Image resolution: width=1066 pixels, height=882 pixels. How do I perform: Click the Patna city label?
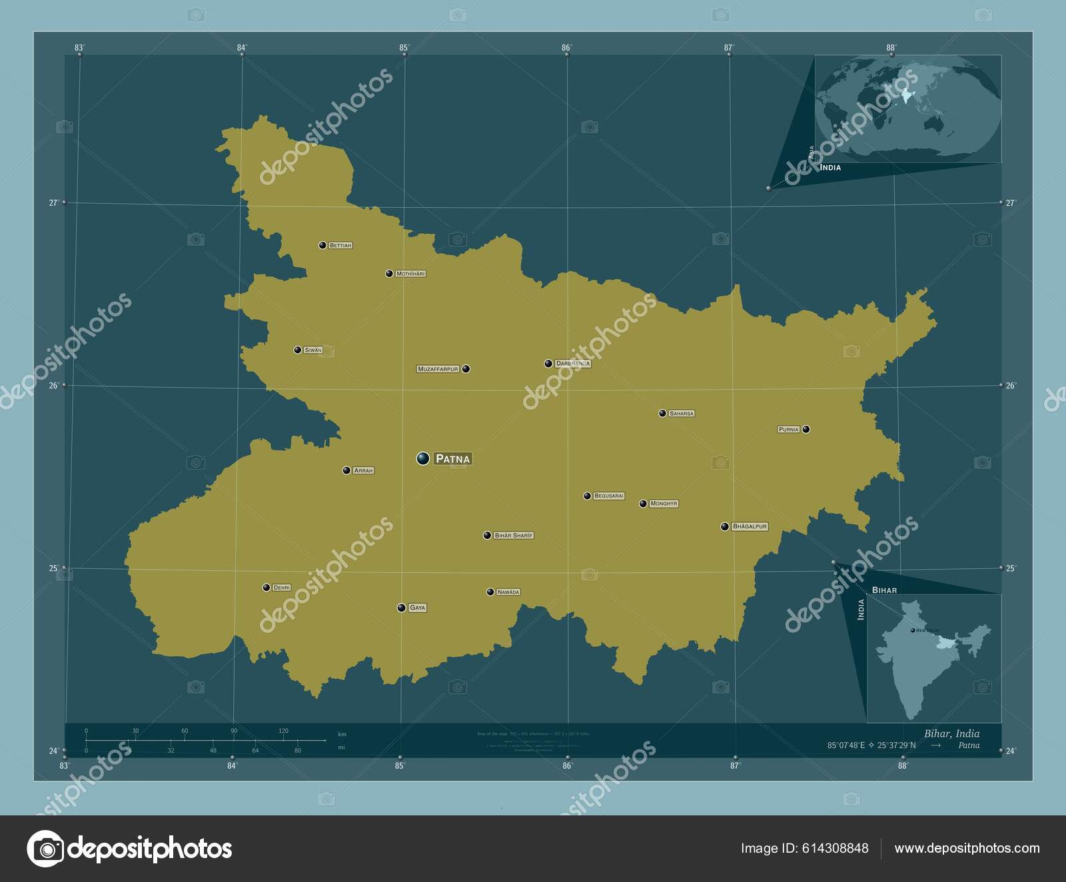[452, 458]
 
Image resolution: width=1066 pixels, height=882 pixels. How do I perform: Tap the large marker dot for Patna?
[423, 458]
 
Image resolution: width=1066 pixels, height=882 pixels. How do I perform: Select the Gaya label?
[417, 608]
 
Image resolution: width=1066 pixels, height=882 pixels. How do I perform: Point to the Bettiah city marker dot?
[322, 245]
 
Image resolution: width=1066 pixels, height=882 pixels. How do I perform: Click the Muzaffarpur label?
[438, 368]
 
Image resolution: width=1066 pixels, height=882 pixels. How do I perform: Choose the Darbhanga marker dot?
[548, 364]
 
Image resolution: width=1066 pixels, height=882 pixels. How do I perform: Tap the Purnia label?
[788, 430]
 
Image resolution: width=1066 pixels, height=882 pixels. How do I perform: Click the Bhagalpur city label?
[750, 526]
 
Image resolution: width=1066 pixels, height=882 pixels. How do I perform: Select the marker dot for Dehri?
[266, 588]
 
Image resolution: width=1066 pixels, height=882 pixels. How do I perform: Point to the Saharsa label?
[682, 414]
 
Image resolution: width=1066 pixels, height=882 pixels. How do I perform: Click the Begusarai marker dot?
[587, 496]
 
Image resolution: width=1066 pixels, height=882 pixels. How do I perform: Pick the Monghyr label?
[663, 504]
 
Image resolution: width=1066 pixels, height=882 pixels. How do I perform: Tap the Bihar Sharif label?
[514, 536]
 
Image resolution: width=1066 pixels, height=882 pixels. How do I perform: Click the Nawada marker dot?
[490, 592]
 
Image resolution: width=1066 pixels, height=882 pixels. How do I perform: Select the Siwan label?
[312, 350]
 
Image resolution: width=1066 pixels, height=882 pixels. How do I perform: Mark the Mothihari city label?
[410, 274]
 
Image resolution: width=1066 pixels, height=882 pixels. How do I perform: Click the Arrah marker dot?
[346, 470]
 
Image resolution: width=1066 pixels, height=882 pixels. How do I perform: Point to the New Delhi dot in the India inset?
[912, 630]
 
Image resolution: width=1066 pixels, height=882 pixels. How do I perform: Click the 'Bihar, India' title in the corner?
[951, 733]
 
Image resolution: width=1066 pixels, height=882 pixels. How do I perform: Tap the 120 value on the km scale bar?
[283, 731]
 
